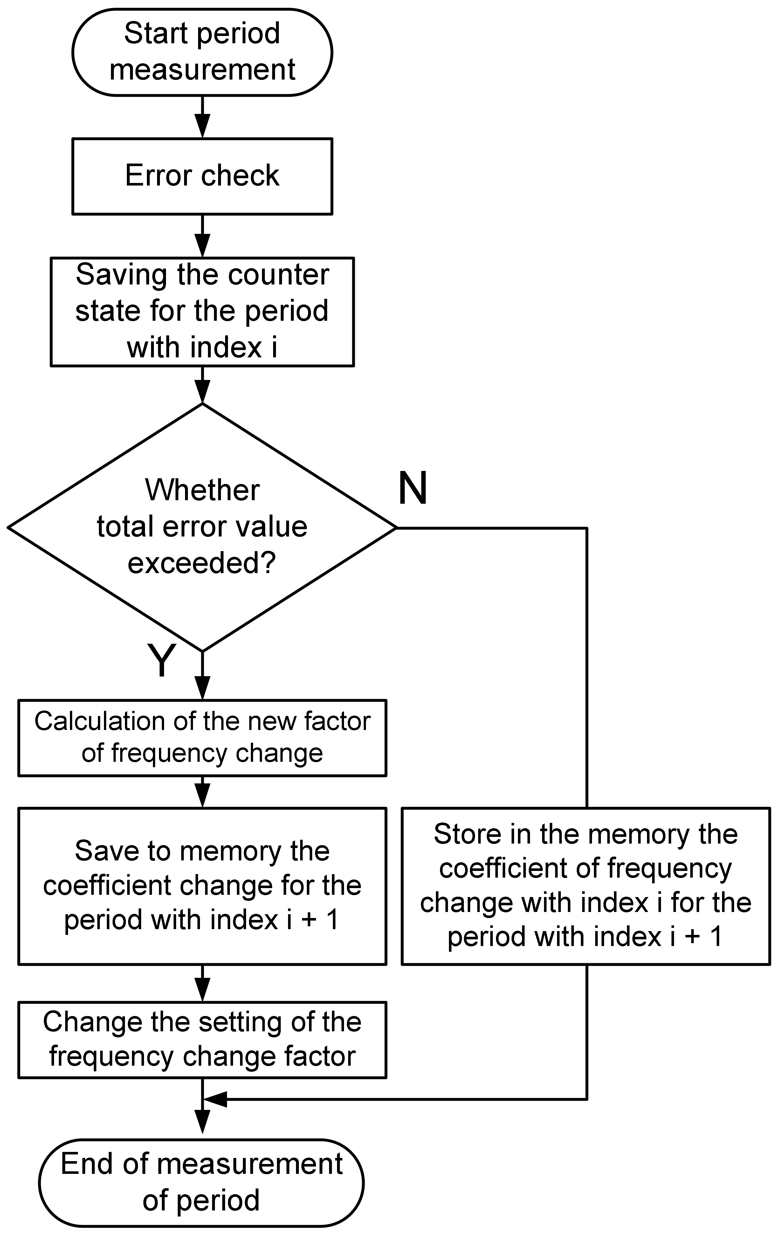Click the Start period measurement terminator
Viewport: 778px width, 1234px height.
(x=202, y=52)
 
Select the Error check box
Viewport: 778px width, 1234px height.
(x=202, y=176)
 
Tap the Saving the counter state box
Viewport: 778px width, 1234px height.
(x=202, y=312)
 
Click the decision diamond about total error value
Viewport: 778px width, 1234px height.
(x=202, y=527)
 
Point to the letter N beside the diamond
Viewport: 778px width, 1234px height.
(x=412, y=488)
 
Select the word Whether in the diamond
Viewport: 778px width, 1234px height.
(x=202, y=490)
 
